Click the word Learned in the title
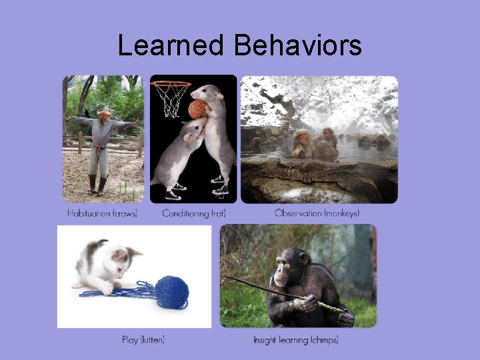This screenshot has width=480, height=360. [x=171, y=45]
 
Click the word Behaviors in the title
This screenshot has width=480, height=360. [x=297, y=45]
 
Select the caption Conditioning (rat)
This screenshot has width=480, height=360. [x=193, y=213]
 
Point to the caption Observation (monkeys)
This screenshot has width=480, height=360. [x=317, y=213]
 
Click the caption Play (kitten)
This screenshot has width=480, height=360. [x=143, y=340]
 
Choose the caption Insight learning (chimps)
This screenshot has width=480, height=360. [x=296, y=340]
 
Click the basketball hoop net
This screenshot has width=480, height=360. [x=171, y=101]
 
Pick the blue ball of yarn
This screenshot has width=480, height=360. [x=172, y=292]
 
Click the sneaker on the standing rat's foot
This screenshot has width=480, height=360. [x=219, y=179]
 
